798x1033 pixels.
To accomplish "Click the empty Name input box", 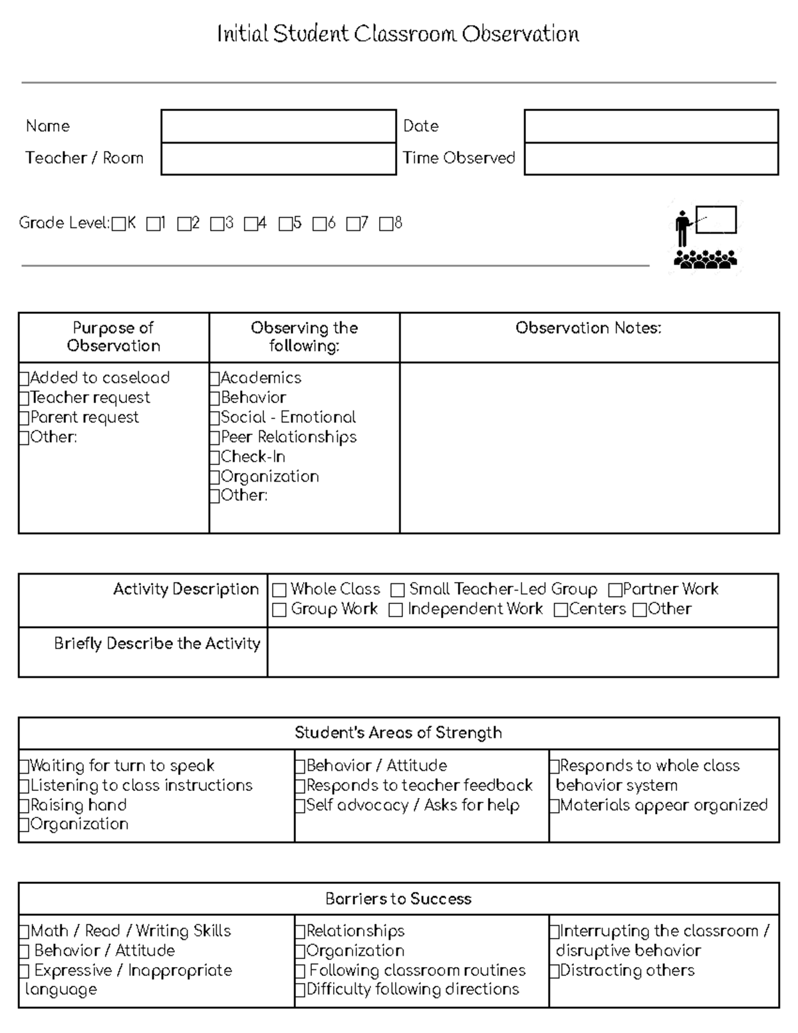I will [278, 126].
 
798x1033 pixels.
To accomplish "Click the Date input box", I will [650, 126].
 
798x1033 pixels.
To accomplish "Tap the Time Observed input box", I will [650, 159].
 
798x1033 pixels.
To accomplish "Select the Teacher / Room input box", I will [278, 159].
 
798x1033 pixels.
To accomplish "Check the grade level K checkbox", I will [118, 224].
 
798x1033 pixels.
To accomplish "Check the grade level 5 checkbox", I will [285, 224].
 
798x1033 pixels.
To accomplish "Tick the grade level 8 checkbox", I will [386, 224].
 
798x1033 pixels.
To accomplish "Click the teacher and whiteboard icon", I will [706, 237].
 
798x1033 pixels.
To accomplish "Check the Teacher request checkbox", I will [25, 398].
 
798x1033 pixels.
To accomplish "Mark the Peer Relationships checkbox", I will [215, 438].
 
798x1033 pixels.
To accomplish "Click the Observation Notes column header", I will [589, 328].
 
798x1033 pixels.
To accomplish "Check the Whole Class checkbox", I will [279, 590].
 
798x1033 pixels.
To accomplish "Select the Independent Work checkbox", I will [396, 610].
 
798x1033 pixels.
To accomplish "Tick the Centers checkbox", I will [561, 610].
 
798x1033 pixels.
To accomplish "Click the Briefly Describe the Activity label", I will [157, 644].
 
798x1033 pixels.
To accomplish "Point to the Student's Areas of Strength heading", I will [398, 733].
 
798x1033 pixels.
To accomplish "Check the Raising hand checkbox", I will [25, 806].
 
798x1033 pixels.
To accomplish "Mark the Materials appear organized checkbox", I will [555, 806].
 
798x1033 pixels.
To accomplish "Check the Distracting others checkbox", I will [555, 971].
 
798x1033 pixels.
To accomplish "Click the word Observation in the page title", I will [521, 34].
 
